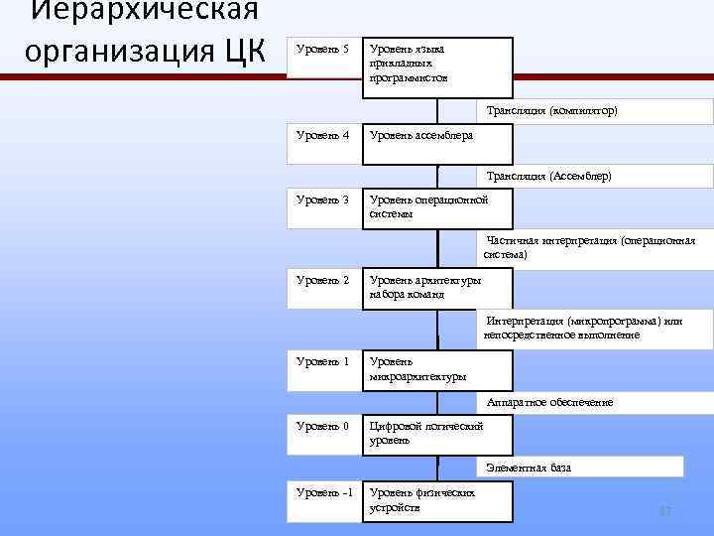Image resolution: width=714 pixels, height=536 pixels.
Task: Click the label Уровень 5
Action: coord(323,50)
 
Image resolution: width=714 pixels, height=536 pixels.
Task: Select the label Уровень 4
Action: coord(323,135)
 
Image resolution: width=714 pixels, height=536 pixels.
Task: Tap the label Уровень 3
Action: coord(323,200)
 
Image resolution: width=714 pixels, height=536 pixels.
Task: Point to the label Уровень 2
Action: coord(323,280)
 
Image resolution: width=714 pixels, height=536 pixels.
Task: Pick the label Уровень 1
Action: coord(323,361)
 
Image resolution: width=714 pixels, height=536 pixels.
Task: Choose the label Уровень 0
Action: coord(323,426)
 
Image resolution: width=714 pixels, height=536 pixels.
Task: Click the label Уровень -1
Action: coord(323,492)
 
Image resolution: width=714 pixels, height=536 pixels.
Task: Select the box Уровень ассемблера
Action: coord(437,143)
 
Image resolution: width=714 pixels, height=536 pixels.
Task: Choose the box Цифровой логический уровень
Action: coord(437,434)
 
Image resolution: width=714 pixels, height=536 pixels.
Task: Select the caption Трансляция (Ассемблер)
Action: coord(549,176)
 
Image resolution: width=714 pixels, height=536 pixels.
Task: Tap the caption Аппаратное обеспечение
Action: coord(549,402)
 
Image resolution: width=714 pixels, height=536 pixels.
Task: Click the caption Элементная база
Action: coord(529,467)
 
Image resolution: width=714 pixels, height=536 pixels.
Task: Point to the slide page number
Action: coord(666,511)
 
